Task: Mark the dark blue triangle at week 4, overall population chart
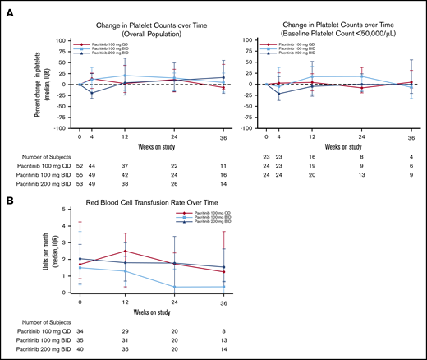pos(92,94)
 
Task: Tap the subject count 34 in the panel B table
pos(79,329)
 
